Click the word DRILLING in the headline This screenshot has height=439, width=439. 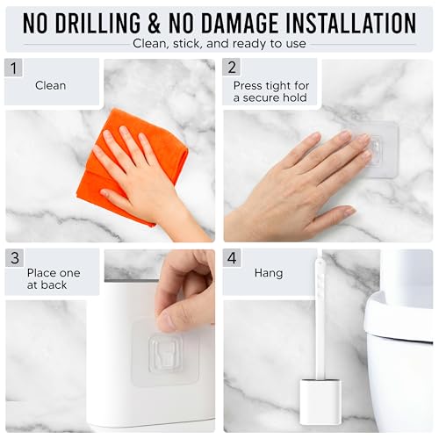pyautogui.click(x=97, y=23)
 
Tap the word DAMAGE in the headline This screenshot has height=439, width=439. pyautogui.click(x=240, y=23)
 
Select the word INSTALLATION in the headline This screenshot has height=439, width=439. pyautogui.click(x=350, y=23)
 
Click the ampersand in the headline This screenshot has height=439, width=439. pyautogui.click(x=155, y=23)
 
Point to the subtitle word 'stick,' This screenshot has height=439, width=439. pyautogui.click(x=187, y=44)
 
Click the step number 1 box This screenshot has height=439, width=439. pyautogui.click(x=13, y=68)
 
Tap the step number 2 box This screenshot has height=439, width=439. pyautogui.click(x=232, y=68)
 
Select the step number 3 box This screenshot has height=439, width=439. pyautogui.click(x=14, y=258)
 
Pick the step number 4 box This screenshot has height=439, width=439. pyautogui.click(x=232, y=258)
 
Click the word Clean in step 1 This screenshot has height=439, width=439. pyautogui.click(x=50, y=85)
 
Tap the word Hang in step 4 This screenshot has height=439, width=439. pyautogui.click(x=269, y=273)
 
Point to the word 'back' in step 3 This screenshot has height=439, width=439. pyautogui.click(x=54, y=284)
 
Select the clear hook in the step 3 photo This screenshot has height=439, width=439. pyautogui.click(x=165, y=355)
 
